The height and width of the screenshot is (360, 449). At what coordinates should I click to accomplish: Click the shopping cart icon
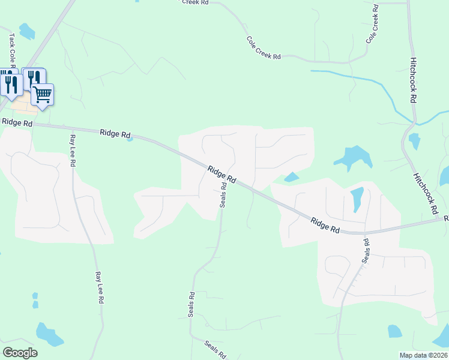pos(42,94)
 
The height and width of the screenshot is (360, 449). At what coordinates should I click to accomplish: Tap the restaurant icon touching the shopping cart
pos(34,78)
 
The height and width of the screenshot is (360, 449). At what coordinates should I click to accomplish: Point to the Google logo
pos(20,352)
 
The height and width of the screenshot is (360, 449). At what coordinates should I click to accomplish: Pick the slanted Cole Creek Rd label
pos(264,48)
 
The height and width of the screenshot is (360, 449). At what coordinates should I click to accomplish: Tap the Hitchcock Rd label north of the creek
pos(414,78)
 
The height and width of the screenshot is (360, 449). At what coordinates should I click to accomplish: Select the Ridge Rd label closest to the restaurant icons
pos(17,122)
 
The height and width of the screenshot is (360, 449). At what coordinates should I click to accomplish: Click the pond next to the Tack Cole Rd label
pos(27,31)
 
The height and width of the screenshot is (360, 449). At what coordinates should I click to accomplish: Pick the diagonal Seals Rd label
pos(214,349)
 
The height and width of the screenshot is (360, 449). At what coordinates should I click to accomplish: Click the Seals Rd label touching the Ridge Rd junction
pos(223,194)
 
